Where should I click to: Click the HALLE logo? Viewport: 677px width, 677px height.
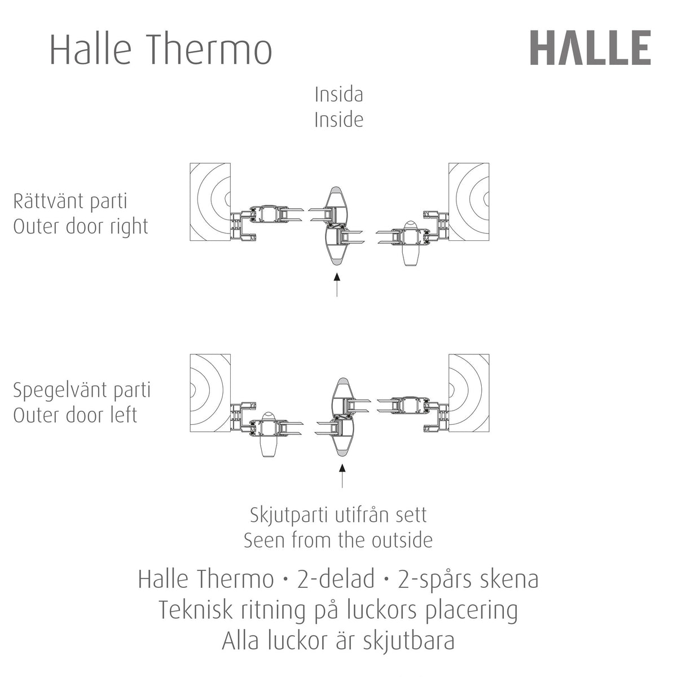pos(590,48)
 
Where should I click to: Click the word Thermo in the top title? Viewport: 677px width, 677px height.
pos(211,49)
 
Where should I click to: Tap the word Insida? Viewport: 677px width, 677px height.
pos(338,95)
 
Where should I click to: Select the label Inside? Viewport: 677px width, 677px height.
pos(338,120)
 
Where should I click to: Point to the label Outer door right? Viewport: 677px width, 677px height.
pos(81,227)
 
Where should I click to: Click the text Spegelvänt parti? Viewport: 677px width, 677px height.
pos(82,391)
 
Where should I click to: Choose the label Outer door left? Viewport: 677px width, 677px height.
pos(75,415)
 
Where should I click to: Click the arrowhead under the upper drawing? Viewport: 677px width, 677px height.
pos(337,276)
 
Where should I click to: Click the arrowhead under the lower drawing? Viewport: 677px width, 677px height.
pos(342,468)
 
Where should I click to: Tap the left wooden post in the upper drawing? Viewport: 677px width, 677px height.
pos(210,202)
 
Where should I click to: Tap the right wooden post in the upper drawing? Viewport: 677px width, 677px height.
pos(469,202)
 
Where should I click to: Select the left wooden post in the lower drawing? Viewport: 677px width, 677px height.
pos(210,393)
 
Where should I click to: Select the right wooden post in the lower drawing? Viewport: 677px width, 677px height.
pos(469,393)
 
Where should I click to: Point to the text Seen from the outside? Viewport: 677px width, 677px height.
pos(338,540)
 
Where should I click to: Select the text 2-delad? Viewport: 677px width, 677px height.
pos(336,579)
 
